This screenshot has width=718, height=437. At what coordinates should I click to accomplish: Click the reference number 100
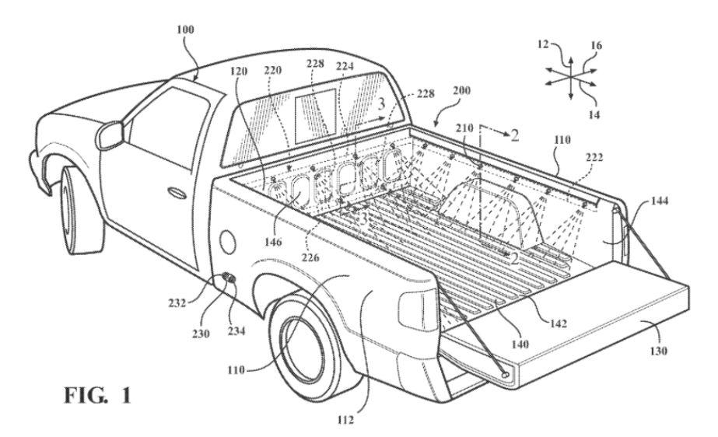coord(185,30)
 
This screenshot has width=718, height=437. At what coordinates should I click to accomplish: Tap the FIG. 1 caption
coord(97,395)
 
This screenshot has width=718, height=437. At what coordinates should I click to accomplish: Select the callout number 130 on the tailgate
coord(658,351)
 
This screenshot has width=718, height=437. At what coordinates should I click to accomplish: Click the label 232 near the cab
coord(177,302)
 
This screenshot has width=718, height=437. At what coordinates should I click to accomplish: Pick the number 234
coord(236,330)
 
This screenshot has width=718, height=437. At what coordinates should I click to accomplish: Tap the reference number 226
coord(310,257)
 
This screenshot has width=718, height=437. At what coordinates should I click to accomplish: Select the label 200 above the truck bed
coord(461,91)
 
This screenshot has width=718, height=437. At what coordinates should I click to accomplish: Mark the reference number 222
coord(594,157)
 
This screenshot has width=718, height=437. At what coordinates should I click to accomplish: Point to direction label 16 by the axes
coord(596,45)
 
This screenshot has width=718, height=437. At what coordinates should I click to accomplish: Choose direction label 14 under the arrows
coord(594,115)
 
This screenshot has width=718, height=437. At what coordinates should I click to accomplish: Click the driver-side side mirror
coord(110,134)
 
